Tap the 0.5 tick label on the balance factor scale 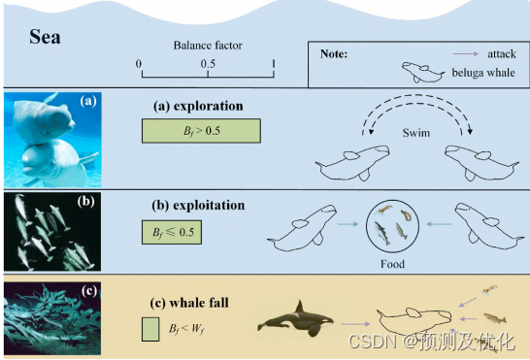[208, 63]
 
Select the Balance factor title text [207, 45]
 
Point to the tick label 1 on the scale [275, 63]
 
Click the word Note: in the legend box [334, 53]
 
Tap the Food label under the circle [392, 263]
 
